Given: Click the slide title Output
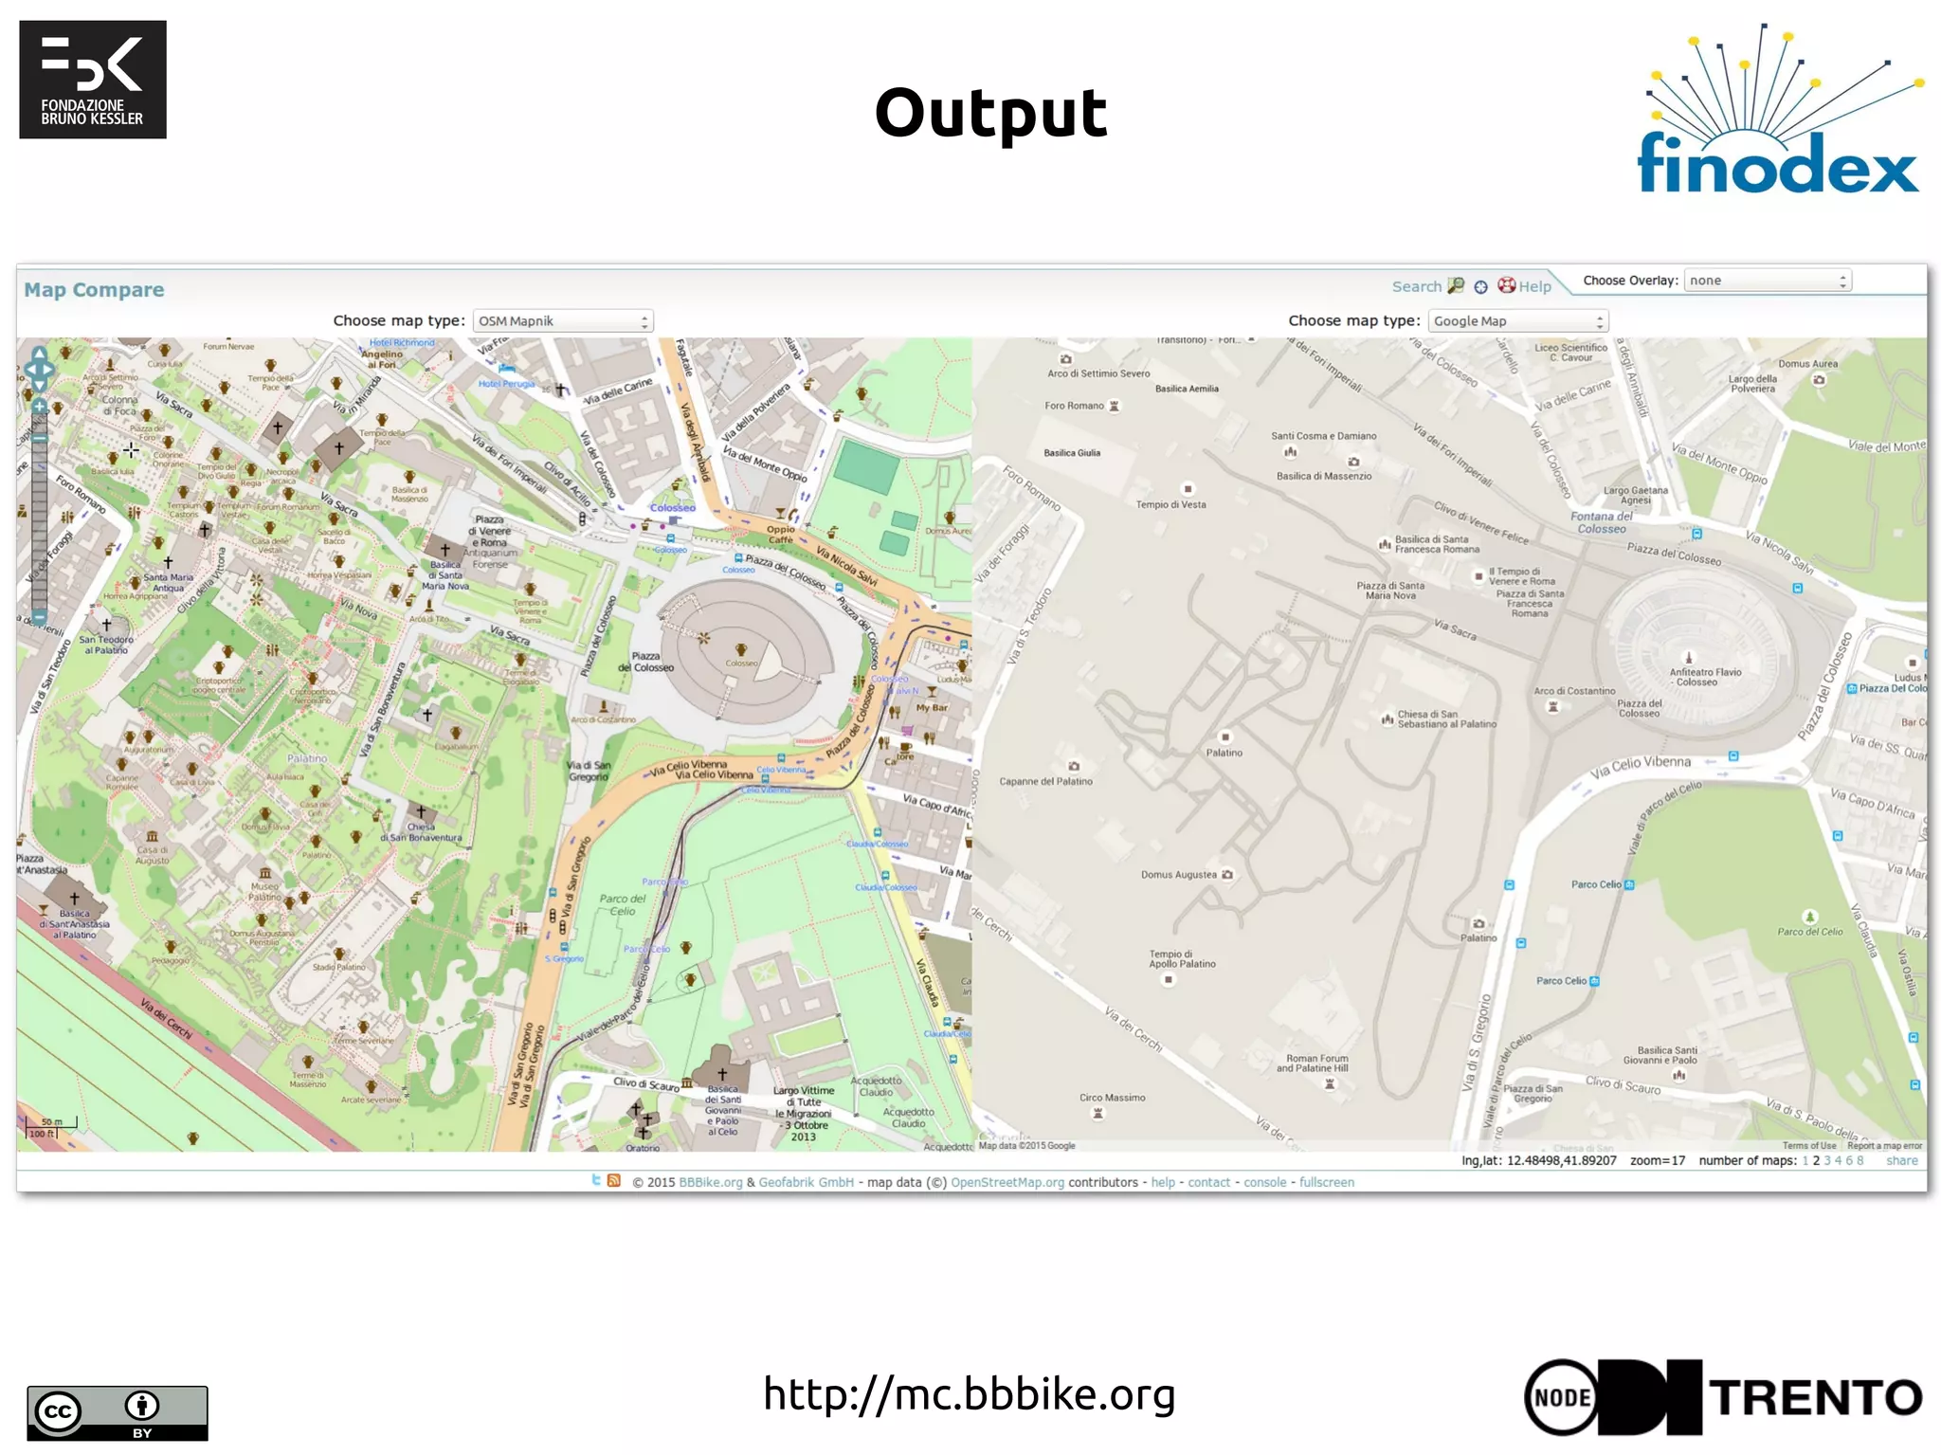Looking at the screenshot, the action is click(990, 113).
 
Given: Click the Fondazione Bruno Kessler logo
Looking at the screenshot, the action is click(93, 80).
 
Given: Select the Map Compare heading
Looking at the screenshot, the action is click(94, 290).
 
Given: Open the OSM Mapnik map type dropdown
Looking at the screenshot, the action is click(562, 321).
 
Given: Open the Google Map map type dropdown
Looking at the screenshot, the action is click(1517, 321).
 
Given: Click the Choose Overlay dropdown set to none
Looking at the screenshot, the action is click(1767, 281).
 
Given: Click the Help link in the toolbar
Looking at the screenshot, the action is click(1534, 286).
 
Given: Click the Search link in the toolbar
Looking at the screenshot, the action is click(1416, 286).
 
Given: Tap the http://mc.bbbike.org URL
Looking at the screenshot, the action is click(969, 1393).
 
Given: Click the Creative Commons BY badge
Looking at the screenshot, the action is click(117, 1412).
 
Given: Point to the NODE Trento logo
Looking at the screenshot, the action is click(1723, 1396).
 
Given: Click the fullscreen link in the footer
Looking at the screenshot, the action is click(1326, 1182).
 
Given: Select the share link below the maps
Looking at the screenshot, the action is click(1901, 1160).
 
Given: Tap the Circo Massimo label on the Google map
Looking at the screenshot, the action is click(1112, 1098).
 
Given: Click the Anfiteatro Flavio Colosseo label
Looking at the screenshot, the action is click(1705, 677).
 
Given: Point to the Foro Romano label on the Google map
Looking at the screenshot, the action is click(1074, 406).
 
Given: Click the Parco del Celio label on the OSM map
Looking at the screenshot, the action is click(622, 904).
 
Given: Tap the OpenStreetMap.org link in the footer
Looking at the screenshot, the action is click(1007, 1182).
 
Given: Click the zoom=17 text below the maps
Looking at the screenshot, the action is click(1657, 1160).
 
